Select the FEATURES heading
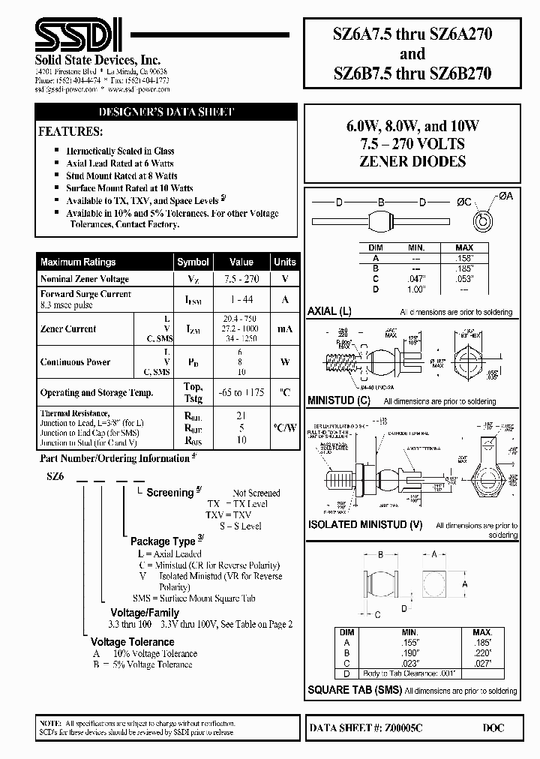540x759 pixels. coord(70,132)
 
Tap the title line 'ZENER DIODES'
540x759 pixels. coord(423,161)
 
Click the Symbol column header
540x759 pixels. coord(193,262)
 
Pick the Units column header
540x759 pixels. coord(285,262)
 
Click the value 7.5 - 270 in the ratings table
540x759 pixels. coord(241,279)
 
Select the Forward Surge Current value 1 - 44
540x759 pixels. coord(241,299)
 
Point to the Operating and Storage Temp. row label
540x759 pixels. coord(97,392)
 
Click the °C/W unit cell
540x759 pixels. coord(285,427)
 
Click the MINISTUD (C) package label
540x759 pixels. coord(339,400)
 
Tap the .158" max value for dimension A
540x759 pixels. coord(464,257)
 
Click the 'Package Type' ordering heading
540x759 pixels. coord(162,541)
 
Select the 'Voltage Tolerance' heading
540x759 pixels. coord(132,642)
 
